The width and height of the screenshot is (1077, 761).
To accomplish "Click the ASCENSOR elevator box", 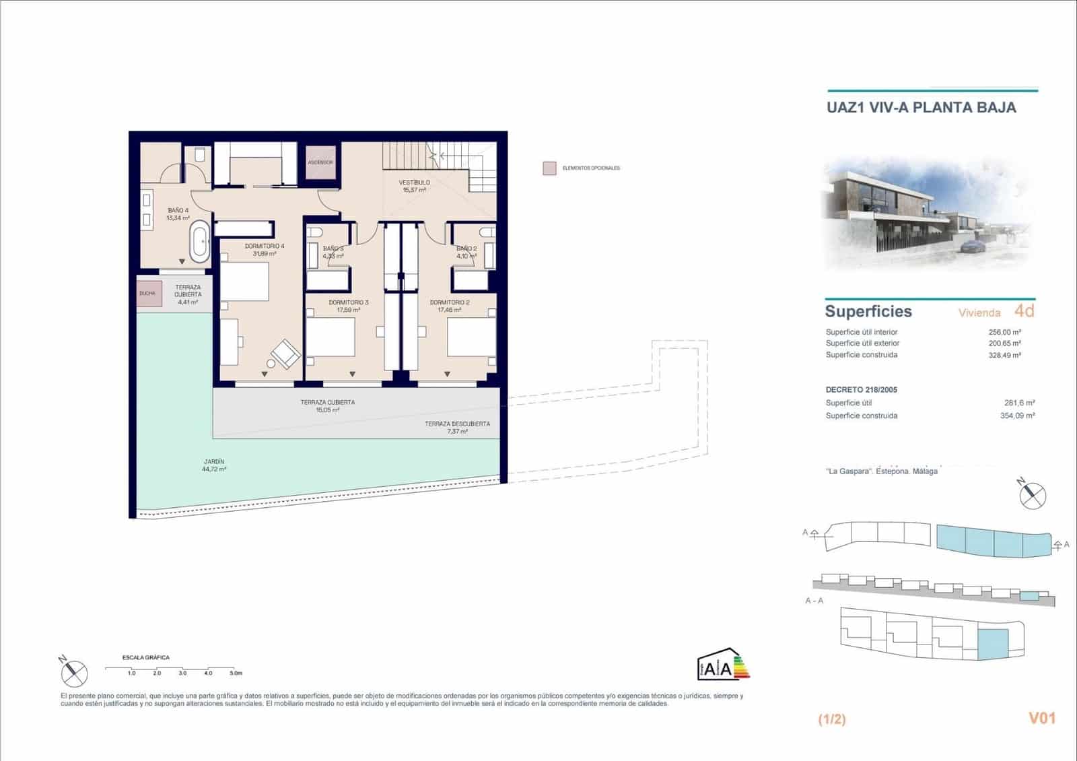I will (320, 162).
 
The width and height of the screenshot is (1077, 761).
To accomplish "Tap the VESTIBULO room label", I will (414, 186).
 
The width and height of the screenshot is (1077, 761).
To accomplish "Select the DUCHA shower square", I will (149, 294).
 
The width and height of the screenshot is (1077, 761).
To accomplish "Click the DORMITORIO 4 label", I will (265, 249).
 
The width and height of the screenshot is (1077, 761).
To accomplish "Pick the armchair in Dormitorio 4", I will (286, 354).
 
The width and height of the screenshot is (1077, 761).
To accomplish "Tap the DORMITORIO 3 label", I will (348, 306).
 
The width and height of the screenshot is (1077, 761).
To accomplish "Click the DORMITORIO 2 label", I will (450, 306).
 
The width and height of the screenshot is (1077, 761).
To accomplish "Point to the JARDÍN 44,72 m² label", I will (214, 465).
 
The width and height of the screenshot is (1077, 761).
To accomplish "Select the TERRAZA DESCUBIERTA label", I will (457, 427).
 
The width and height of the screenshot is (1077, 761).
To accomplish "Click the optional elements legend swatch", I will (550, 168).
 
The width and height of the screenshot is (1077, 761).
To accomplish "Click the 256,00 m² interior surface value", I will (1004, 332).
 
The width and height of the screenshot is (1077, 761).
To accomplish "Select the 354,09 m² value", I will (1017, 416).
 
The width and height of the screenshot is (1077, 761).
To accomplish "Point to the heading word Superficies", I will (868, 311).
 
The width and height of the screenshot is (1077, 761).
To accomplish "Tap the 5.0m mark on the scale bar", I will (235, 673).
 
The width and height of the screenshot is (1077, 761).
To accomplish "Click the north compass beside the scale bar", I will (73, 671).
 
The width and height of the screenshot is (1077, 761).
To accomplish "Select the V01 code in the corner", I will (1041, 718).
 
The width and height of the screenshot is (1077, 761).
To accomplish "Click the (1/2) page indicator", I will (831, 719).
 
